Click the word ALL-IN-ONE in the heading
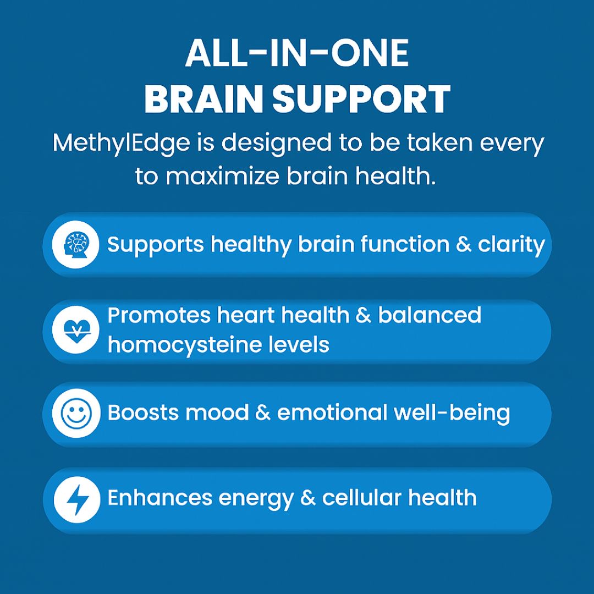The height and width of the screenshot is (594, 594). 297,53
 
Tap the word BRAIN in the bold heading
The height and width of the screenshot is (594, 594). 204,99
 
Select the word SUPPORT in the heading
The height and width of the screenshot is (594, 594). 361,99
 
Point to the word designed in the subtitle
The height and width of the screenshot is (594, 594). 276,144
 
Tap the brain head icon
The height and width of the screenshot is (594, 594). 76,245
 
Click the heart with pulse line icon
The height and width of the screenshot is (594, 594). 76,330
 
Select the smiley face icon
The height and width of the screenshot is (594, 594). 76,413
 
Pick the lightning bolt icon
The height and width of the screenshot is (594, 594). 78,499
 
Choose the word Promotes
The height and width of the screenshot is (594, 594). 159,315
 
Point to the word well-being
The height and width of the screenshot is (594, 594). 452,413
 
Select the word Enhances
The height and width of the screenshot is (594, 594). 159,497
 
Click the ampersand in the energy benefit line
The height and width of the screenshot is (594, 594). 308,498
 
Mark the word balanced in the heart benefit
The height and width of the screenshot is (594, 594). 430,315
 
